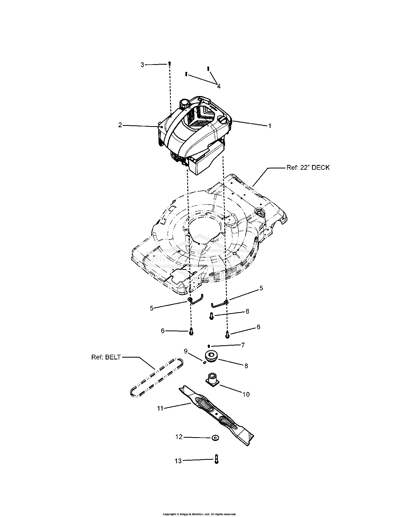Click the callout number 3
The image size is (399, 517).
[x=142, y=65]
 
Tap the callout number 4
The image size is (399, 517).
[x=219, y=86]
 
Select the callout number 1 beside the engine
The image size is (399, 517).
[x=269, y=126]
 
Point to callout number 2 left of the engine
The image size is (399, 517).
[x=120, y=125]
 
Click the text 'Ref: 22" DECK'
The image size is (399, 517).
[x=308, y=167]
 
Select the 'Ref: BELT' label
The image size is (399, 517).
[x=106, y=357]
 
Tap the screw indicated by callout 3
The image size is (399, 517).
[x=169, y=64]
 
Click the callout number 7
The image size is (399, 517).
[x=243, y=345]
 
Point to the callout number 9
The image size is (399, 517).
[x=186, y=351]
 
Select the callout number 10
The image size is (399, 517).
[x=246, y=394]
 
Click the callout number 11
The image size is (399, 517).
[x=160, y=408]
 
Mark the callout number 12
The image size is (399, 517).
[x=179, y=437]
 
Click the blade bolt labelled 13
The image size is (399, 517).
[x=216, y=459]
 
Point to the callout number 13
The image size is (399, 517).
[x=178, y=461]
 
